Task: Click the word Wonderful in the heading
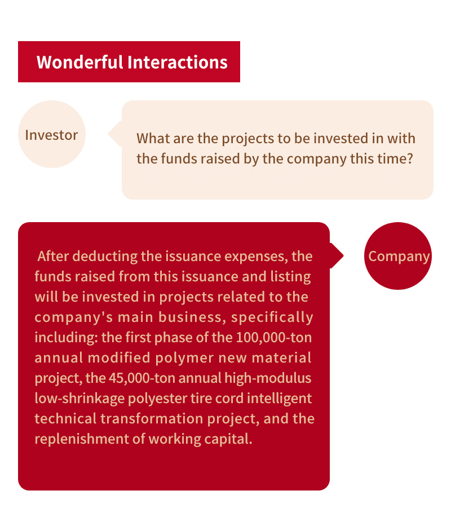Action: [79, 62]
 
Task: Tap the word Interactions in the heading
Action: [178, 62]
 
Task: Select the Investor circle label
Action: [52, 135]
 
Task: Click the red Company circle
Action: [398, 256]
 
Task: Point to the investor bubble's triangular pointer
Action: [116, 134]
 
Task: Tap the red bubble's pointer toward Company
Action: [337, 255]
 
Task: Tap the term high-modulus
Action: [268, 378]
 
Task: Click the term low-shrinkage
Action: [79, 399]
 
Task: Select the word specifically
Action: [272, 317]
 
